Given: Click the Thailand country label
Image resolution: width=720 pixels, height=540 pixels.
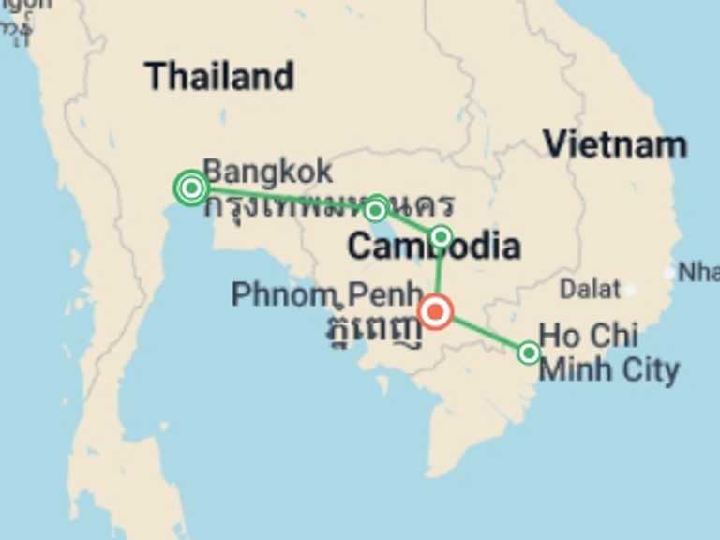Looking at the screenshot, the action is click(x=219, y=76).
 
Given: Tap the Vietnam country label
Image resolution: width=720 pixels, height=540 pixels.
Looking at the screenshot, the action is click(x=615, y=144).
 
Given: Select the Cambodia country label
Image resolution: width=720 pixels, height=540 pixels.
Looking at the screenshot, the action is click(x=433, y=247).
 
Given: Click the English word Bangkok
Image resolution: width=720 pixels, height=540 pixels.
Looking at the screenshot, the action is click(x=267, y=172).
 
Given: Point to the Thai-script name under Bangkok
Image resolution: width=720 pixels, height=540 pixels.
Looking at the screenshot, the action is click(x=328, y=204).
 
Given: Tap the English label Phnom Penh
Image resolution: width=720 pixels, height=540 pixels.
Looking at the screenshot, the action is click(x=326, y=294).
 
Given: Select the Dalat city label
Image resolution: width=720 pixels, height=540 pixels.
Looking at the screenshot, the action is click(x=590, y=289).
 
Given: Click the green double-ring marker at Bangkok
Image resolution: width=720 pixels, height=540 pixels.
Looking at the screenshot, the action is click(x=191, y=187).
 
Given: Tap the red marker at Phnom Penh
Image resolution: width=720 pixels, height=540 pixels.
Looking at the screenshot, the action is click(x=436, y=311).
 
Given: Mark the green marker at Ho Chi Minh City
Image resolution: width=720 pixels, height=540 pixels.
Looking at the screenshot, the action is click(x=529, y=352).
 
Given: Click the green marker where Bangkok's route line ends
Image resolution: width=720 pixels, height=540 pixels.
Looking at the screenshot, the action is click(x=375, y=209).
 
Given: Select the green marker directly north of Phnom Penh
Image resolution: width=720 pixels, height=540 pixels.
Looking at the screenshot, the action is click(x=441, y=235).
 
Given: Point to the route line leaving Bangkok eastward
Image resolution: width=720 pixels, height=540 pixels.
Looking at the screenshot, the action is click(x=281, y=197).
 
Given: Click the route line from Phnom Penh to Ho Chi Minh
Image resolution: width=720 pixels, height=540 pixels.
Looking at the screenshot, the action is click(x=483, y=332).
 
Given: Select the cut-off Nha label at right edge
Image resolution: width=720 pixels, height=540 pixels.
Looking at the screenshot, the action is click(x=697, y=272).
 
